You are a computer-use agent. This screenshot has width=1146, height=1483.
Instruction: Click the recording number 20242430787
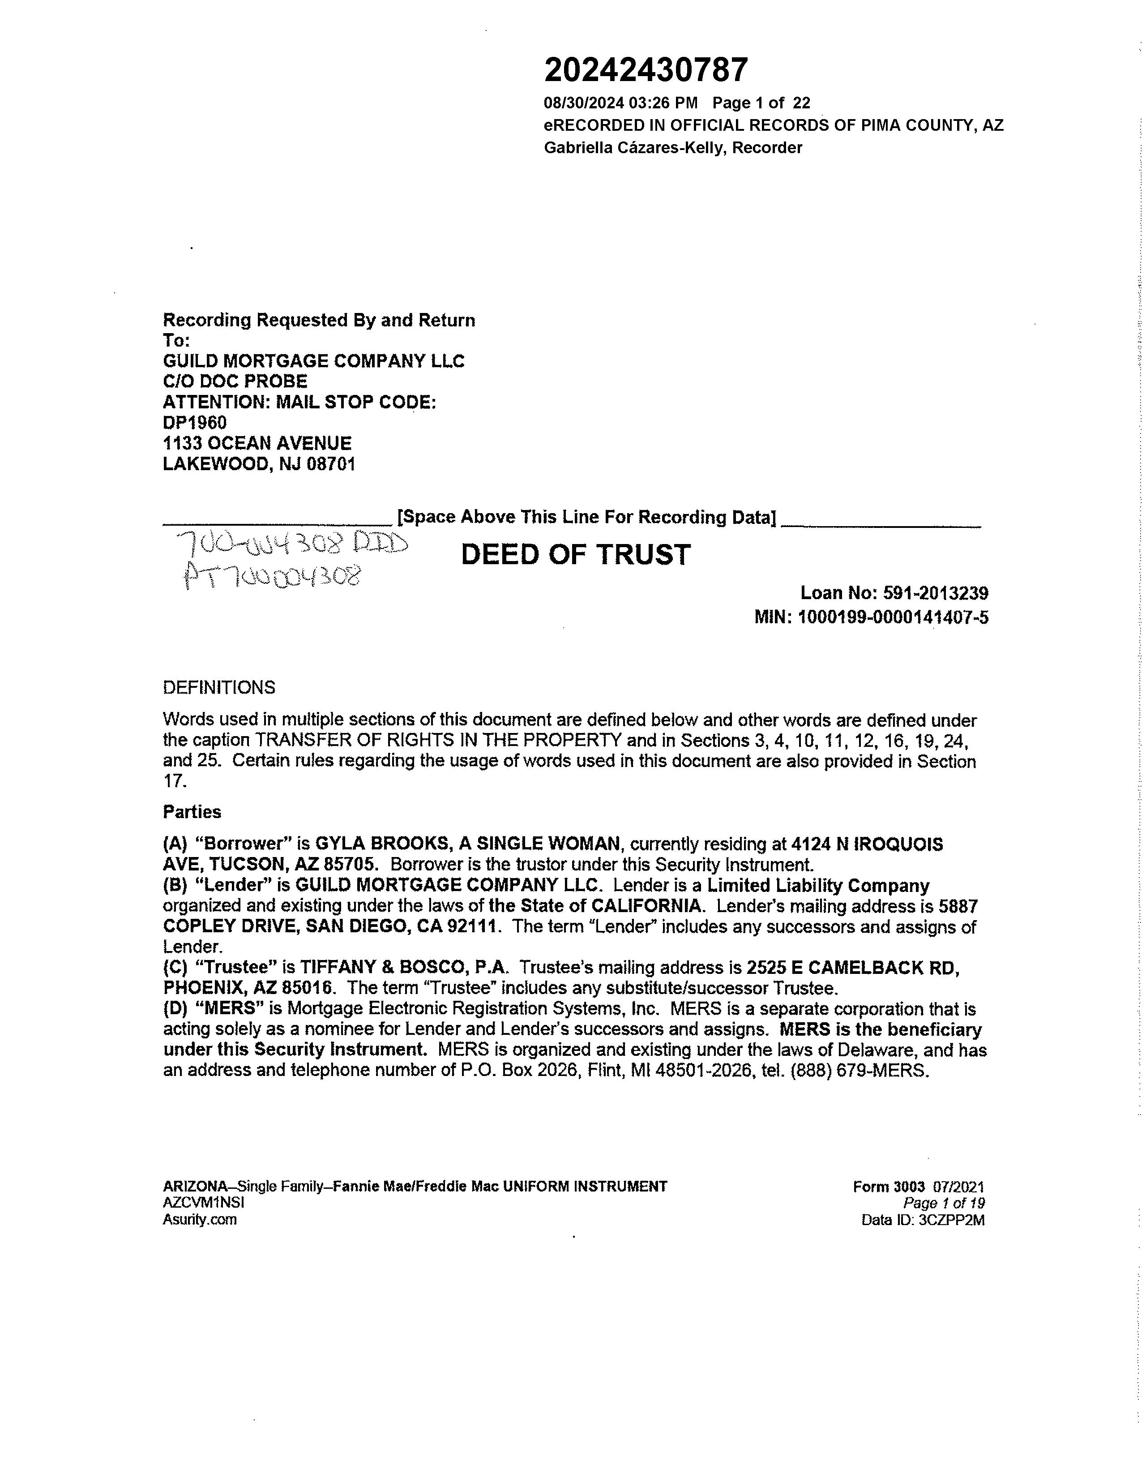point(646,70)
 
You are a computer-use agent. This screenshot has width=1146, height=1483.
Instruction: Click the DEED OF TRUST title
point(576,555)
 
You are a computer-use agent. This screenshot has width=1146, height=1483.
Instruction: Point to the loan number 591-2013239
point(936,593)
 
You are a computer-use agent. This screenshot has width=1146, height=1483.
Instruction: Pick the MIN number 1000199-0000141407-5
point(893,617)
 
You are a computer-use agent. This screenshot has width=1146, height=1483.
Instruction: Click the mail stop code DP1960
point(195,422)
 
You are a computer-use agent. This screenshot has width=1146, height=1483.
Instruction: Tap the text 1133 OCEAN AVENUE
point(257,443)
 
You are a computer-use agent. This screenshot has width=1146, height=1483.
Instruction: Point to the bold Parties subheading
point(192,812)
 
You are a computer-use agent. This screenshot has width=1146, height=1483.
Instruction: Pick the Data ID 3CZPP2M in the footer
point(951,1220)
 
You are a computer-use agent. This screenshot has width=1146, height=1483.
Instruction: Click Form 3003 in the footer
point(889,1187)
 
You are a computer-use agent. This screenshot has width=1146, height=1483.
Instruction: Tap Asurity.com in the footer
point(200,1220)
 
